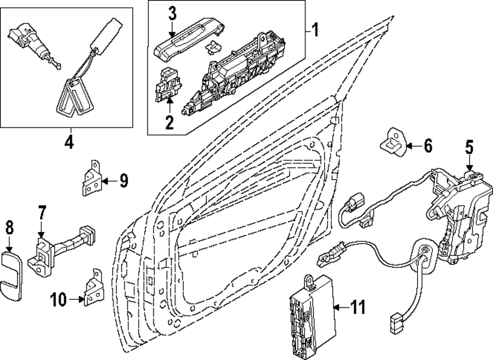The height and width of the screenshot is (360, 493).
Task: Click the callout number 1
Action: tap(315, 31)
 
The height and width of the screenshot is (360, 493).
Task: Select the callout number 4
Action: tap(69, 142)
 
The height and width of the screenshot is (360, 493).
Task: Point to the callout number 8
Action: tap(9, 228)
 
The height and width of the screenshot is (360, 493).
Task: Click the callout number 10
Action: tap(58, 299)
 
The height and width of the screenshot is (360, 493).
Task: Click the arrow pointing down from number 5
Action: tap(469, 163)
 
